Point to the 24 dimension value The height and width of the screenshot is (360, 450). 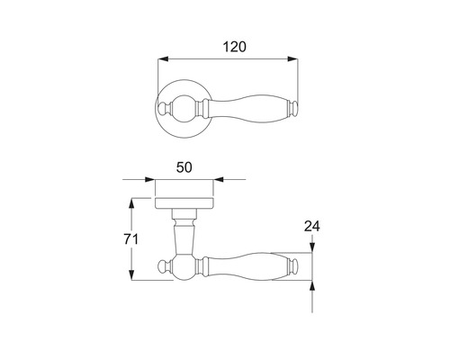click(x=312, y=227)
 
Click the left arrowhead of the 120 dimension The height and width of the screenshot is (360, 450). click(x=162, y=59)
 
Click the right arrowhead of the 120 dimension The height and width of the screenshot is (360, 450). click(x=294, y=59)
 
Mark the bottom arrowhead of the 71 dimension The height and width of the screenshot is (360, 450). click(x=132, y=275)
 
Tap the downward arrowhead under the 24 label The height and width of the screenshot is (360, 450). click(x=312, y=248)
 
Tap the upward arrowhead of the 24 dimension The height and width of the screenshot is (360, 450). click(x=312, y=286)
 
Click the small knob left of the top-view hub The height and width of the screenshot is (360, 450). click(x=165, y=111)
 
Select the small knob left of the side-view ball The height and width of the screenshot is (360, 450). click(x=165, y=266)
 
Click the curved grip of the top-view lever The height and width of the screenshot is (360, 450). click(x=245, y=111)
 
